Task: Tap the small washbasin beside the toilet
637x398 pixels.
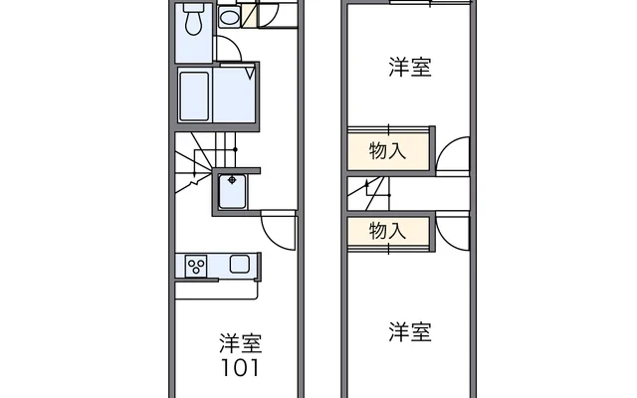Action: (229, 17)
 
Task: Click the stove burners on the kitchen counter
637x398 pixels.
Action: (196, 266)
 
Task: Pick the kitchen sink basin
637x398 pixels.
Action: (239, 265)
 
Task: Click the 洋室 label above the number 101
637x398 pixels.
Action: (240, 344)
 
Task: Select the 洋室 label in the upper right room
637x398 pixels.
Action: (410, 68)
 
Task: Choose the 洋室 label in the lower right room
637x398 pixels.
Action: (410, 332)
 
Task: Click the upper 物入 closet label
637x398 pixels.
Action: (387, 151)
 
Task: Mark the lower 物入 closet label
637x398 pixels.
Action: (387, 231)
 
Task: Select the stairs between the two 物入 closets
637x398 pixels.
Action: (376, 190)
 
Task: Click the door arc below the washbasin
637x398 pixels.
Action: (228, 50)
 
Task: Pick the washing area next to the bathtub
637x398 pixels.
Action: (236, 96)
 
